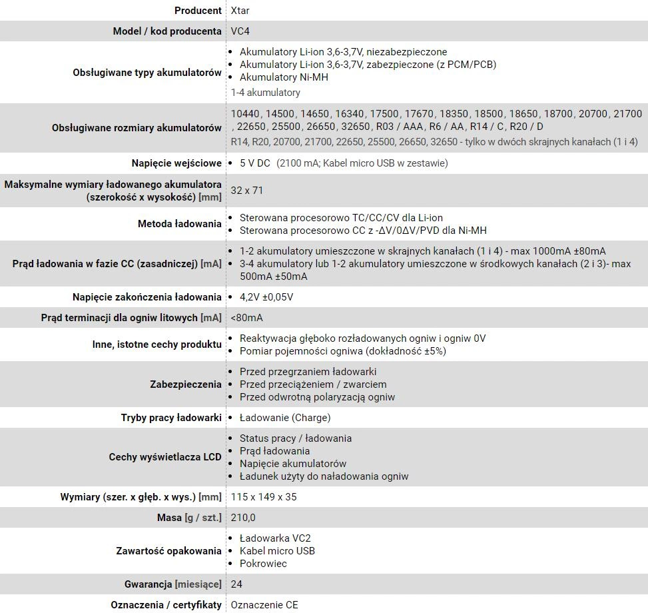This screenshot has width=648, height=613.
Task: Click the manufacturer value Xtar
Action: (240, 11)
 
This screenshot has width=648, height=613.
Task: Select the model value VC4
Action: (240, 31)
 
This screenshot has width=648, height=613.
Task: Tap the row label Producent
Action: (198, 11)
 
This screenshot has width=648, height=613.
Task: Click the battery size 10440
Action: (245, 115)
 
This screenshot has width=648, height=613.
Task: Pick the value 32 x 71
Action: (247, 191)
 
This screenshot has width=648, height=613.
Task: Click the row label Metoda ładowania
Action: (179, 224)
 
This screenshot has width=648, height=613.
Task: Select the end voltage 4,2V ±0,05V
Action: (266, 297)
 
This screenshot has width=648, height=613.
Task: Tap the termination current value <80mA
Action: (246, 318)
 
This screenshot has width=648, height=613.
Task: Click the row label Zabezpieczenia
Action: (186, 384)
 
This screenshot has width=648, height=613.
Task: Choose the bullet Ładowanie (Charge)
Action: (285, 418)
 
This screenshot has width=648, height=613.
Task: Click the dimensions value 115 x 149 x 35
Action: (264, 497)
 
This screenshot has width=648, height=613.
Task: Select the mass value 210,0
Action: (243, 518)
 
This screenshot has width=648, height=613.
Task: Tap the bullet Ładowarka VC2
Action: (275, 538)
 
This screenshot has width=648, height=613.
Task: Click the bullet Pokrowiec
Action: (263, 564)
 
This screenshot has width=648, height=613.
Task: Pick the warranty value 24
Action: (236, 584)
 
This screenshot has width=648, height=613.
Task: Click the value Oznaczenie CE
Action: (264, 605)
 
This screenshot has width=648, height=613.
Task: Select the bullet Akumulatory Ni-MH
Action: (284, 77)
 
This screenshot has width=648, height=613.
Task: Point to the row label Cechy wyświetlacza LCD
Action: (165, 457)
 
